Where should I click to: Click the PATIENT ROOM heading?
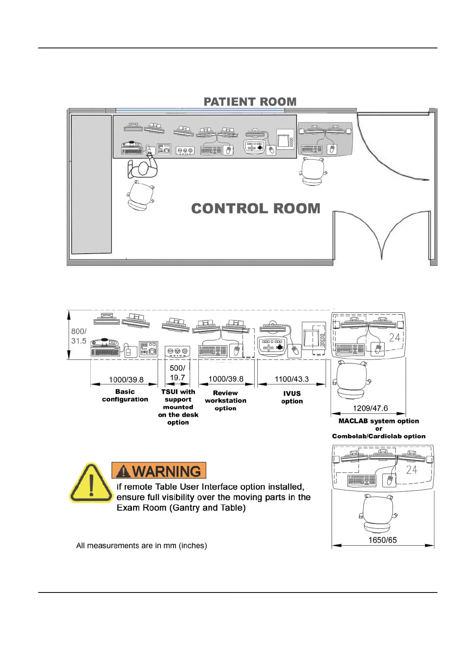[x=250, y=102]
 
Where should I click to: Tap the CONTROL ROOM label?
[x=256, y=208]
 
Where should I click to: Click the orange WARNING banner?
[x=159, y=471]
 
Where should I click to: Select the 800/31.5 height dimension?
[x=78, y=336]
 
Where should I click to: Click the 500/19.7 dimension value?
[x=177, y=373]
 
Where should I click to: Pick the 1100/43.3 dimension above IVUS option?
[x=292, y=379]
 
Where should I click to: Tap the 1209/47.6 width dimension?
[x=370, y=408]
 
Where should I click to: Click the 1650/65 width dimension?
[x=382, y=540]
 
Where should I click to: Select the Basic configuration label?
[x=125, y=396]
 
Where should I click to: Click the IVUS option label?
[x=292, y=397]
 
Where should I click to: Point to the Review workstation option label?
[x=225, y=400]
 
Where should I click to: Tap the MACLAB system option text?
[x=379, y=421]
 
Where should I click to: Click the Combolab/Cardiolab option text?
[x=379, y=436]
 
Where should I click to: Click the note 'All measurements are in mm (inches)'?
[x=141, y=545]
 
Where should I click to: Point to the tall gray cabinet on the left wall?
[x=91, y=184]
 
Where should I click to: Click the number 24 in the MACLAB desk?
[x=395, y=338]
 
